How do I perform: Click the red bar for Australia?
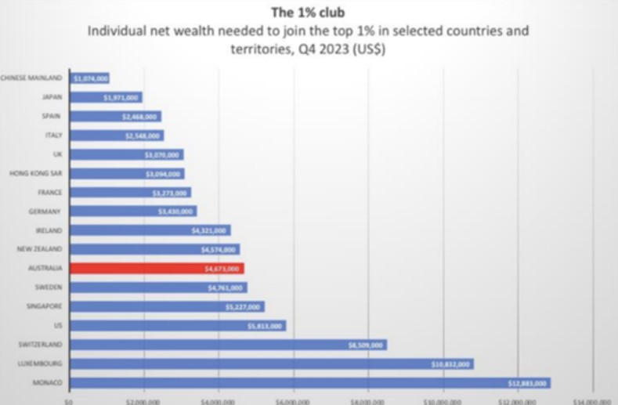click(157, 268)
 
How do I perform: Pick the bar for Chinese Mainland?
click(89, 78)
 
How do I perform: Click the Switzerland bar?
click(227, 345)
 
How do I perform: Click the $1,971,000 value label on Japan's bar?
click(121, 97)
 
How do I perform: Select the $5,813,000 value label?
click(264, 326)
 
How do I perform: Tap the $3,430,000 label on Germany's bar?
click(175, 212)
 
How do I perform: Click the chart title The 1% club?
click(308, 12)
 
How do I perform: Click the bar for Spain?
click(115, 116)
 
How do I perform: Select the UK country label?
click(56, 154)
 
